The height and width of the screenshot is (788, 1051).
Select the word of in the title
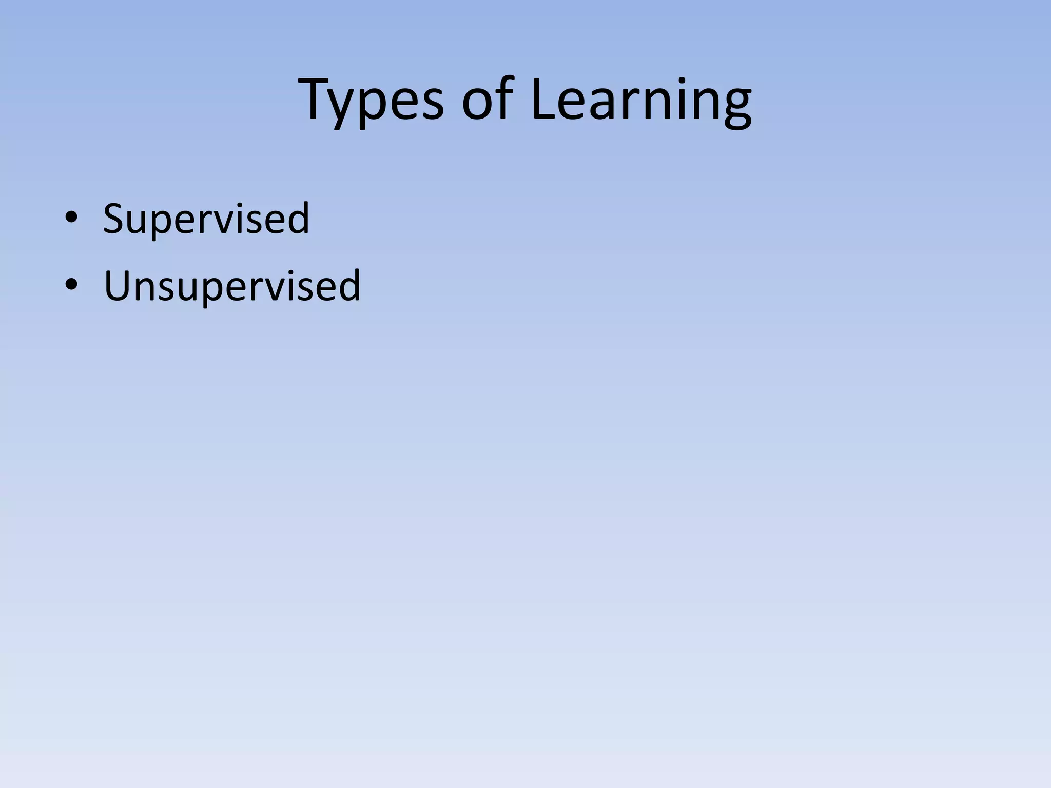(x=487, y=100)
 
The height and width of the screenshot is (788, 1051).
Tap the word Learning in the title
(x=641, y=101)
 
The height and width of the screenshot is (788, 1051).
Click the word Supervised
(x=206, y=219)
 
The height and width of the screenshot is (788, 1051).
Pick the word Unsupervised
(x=232, y=286)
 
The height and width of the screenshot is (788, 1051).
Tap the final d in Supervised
(x=298, y=218)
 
